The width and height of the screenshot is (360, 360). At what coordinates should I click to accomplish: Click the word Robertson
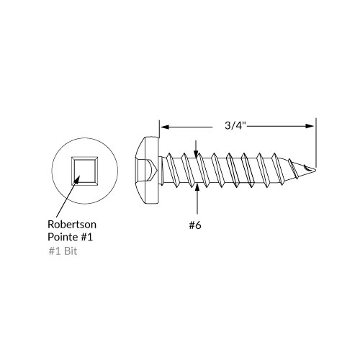(x=72, y=223)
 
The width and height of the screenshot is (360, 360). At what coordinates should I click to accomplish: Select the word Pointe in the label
(x=63, y=237)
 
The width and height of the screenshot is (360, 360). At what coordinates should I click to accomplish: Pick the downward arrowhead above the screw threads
(x=195, y=150)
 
